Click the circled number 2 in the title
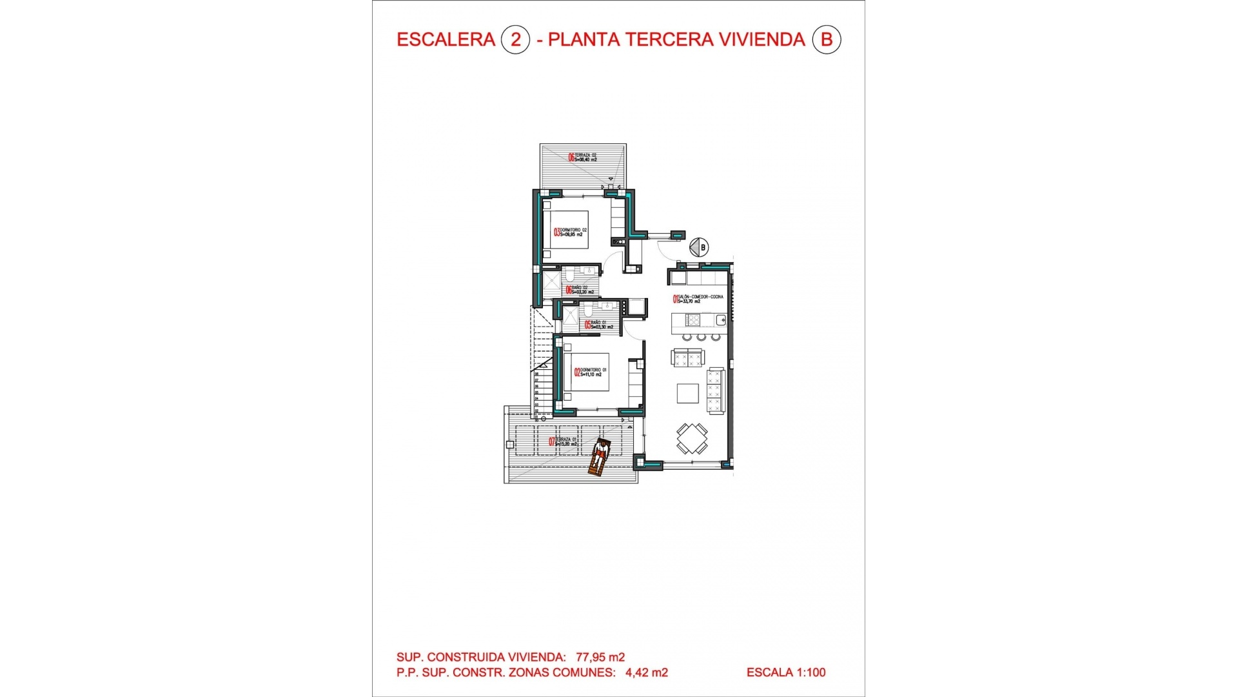click(x=515, y=40)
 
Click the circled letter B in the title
click(x=826, y=40)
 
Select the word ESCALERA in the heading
click(x=446, y=40)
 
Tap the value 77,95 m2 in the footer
click(x=600, y=658)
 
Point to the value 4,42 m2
click(x=647, y=673)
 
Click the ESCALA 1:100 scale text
click(x=786, y=672)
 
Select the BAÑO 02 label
click(x=580, y=290)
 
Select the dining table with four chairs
click(x=692, y=439)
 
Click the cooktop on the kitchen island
click(x=693, y=320)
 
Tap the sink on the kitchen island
click(x=720, y=320)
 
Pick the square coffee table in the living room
click(x=687, y=393)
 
